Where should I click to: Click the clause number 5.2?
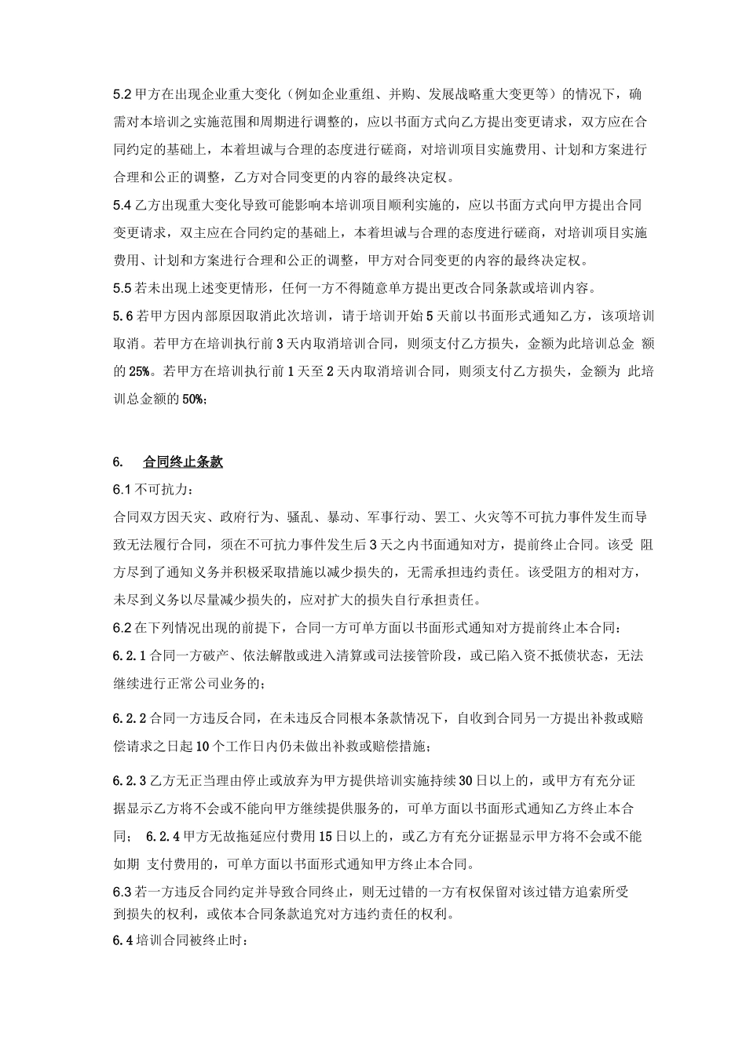(x=123, y=95)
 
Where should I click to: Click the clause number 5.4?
(x=123, y=206)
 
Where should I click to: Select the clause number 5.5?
(x=123, y=287)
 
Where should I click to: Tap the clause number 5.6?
(x=124, y=316)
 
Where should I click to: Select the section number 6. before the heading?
(x=119, y=462)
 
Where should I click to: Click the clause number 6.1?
(x=123, y=490)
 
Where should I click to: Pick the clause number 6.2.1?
(x=130, y=655)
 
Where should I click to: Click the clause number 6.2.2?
(x=130, y=717)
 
